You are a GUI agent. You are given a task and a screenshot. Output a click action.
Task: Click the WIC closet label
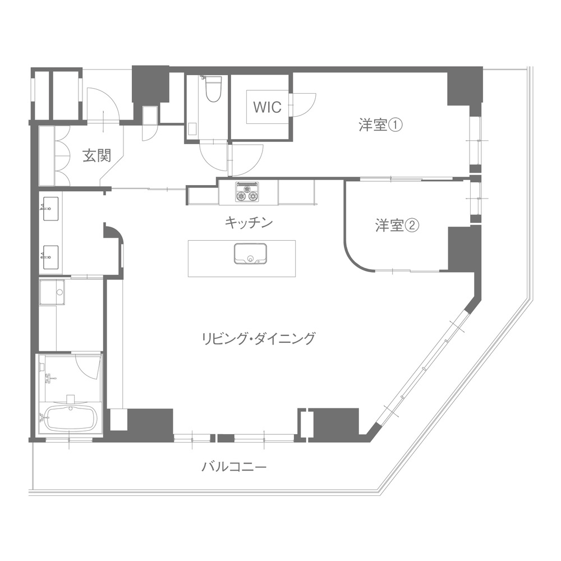[267, 107]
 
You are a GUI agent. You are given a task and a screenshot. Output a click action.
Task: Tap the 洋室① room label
[381, 125]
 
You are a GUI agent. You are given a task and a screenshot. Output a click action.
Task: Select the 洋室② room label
[397, 226]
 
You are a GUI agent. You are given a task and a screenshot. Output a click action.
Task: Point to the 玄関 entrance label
[97, 155]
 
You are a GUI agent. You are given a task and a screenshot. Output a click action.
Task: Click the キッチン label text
[249, 223]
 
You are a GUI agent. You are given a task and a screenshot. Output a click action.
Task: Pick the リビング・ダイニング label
[259, 338]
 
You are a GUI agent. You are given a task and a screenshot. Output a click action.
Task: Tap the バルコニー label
[234, 467]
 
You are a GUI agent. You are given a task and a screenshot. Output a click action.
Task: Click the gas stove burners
[246, 192]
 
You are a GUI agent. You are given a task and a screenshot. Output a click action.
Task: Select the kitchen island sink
[250, 254]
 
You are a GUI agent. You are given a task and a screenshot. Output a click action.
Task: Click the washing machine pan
[52, 292]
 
